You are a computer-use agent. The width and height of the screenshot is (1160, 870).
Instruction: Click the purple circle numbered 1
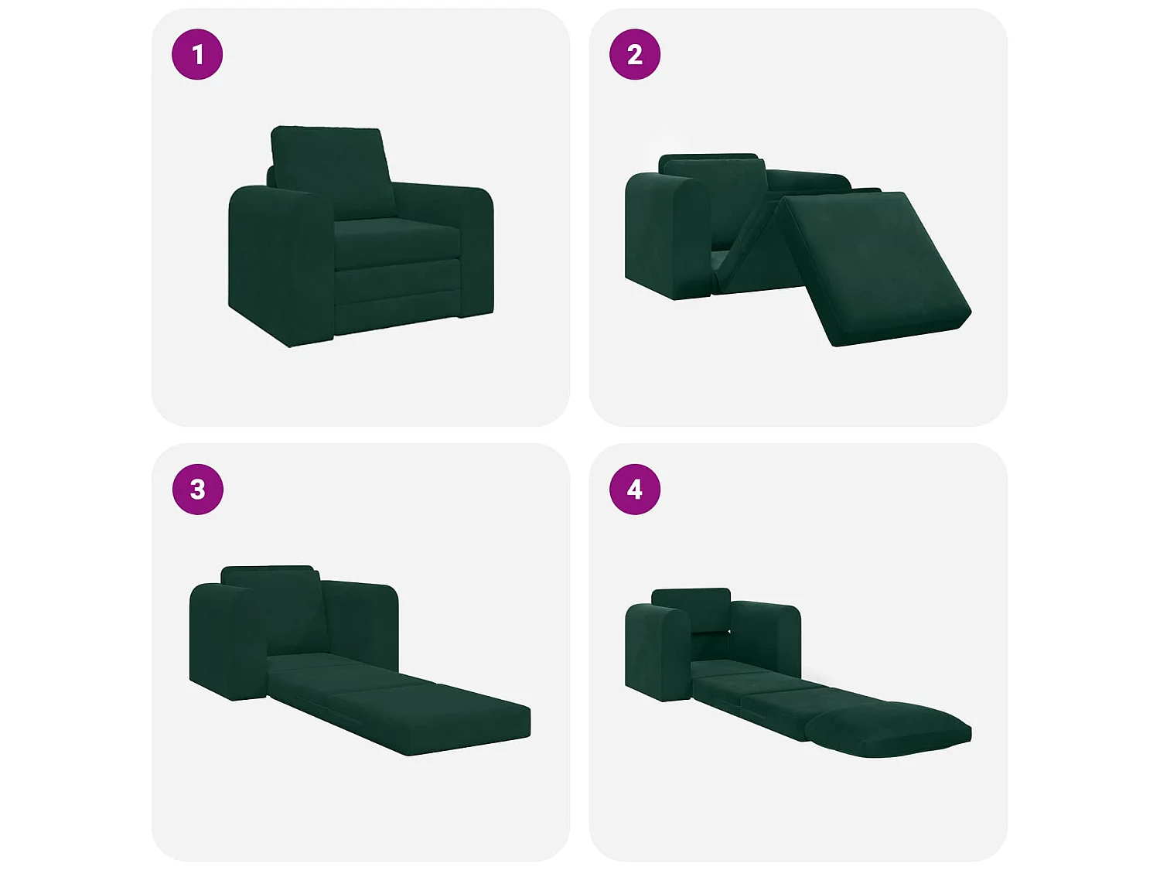coord(197,54)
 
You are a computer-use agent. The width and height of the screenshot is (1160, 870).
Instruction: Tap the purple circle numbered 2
coord(635,54)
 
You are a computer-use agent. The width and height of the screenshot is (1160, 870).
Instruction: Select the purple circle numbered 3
coord(198,490)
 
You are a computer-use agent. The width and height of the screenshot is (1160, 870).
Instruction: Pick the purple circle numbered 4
coord(635,490)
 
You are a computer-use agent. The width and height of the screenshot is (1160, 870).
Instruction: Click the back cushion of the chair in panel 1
coord(333,172)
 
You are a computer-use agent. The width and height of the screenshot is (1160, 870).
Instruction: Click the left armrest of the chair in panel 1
coord(280,264)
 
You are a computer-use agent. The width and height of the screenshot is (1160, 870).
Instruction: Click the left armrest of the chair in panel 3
coord(228,642)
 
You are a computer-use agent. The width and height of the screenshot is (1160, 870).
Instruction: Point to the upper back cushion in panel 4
coord(691,609)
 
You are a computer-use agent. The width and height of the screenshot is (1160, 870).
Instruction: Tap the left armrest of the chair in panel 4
coord(658,655)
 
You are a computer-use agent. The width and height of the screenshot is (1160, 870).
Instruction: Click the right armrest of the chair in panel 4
coord(766,640)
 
